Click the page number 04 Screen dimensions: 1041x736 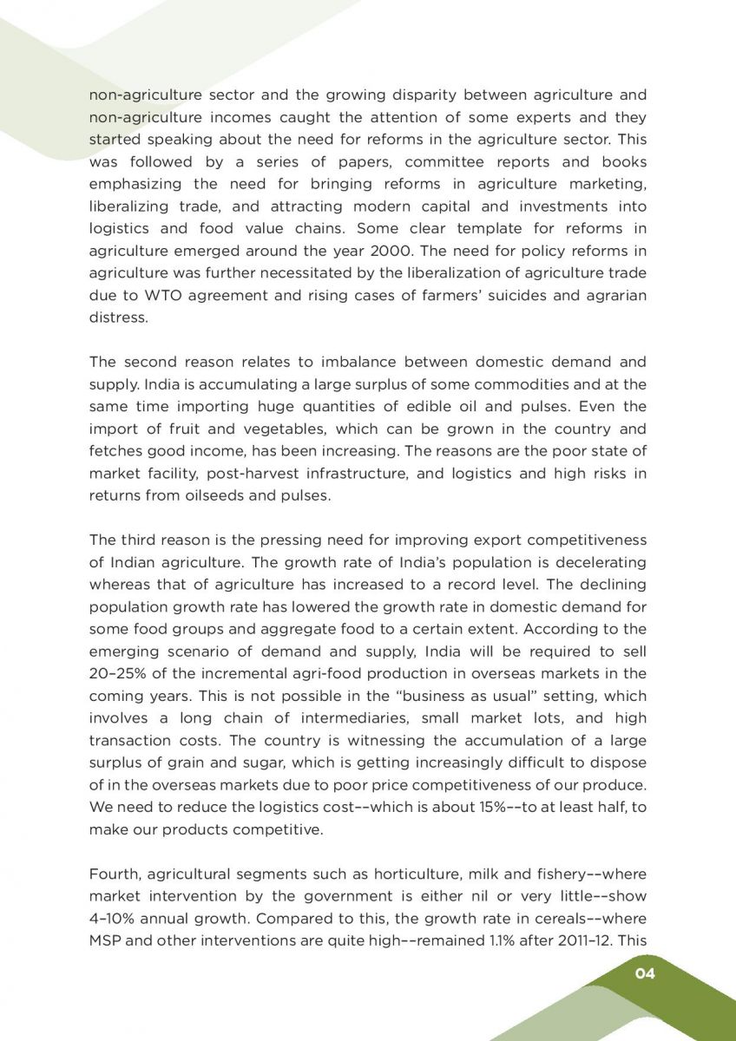[x=644, y=973]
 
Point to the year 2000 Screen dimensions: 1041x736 [x=398, y=252]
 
